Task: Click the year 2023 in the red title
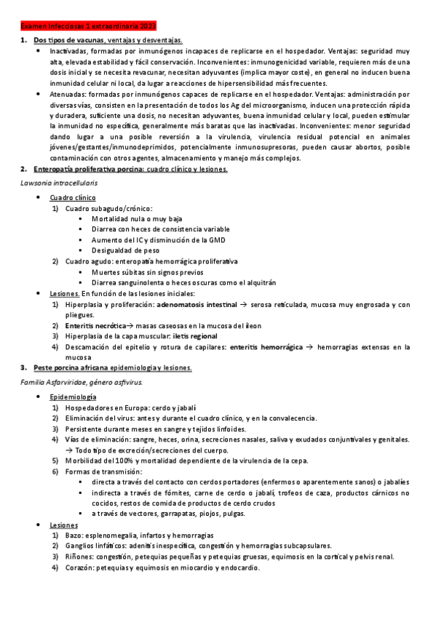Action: [x=156, y=25]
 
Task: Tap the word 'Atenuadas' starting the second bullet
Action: [x=66, y=95]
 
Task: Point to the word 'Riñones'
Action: [x=79, y=557]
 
